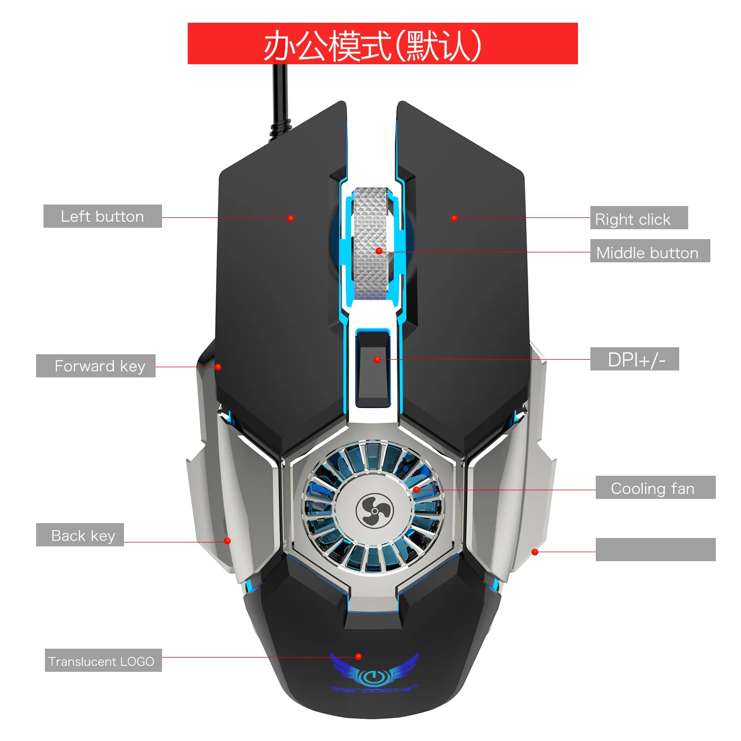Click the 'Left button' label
click(x=102, y=216)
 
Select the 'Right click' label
click(x=638, y=218)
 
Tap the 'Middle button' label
click(x=650, y=251)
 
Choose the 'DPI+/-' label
click(x=634, y=359)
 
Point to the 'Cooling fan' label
click(x=655, y=488)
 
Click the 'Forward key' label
click(x=96, y=366)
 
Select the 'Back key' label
click(x=80, y=535)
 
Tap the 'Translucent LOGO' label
click(x=103, y=660)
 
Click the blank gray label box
click(x=655, y=550)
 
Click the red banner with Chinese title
click(x=382, y=43)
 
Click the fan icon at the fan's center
click(x=374, y=511)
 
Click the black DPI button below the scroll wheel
click(x=373, y=368)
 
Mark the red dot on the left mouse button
click(x=290, y=218)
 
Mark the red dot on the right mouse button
click(x=454, y=218)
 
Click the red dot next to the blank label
click(x=535, y=552)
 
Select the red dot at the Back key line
click(x=227, y=541)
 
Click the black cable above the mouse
click(x=280, y=99)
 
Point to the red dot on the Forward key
click(x=218, y=367)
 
